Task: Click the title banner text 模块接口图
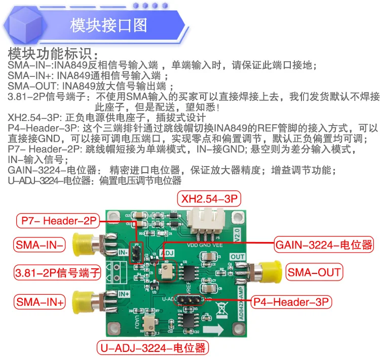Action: click(108, 25)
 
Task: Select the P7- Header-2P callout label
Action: click(59, 221)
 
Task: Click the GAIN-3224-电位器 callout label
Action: click(324, 246)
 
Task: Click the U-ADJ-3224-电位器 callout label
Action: click(153, 348)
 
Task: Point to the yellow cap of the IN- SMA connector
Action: click(81, 244)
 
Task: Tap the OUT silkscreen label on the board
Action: click(238, 257)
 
